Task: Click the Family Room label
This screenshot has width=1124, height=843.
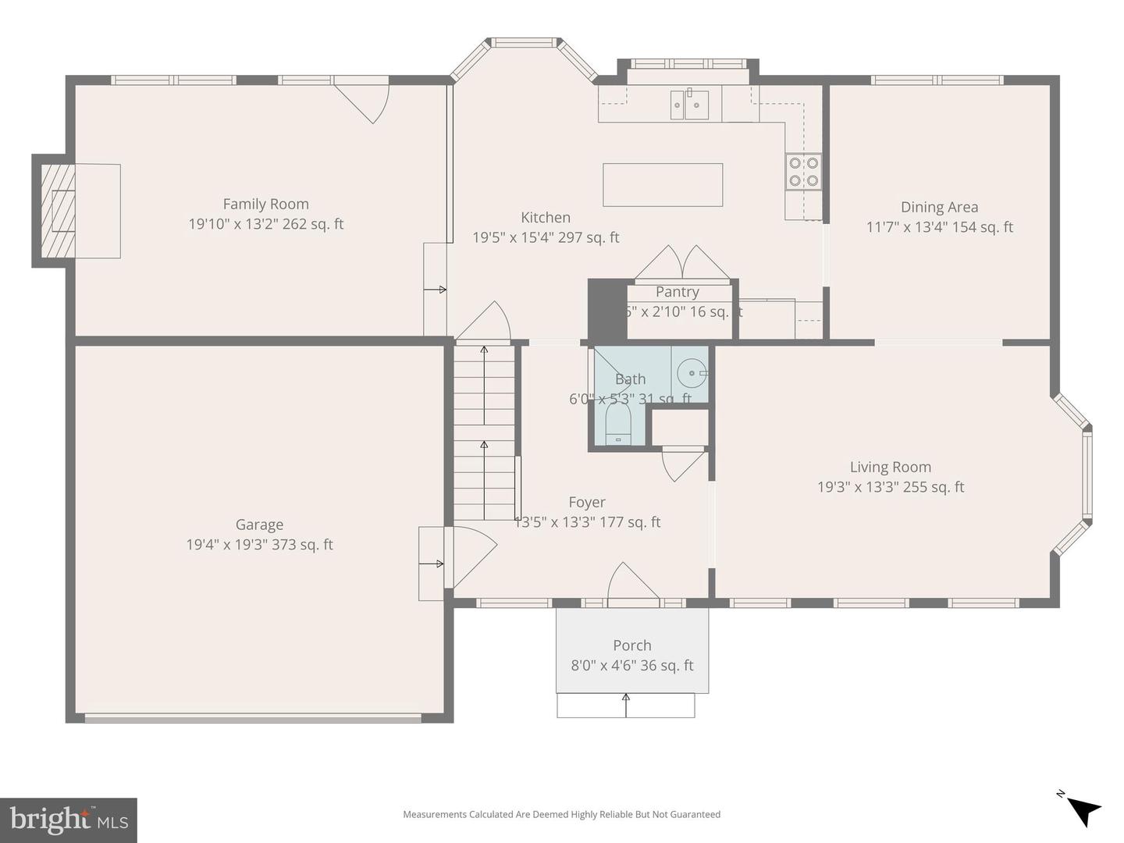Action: [265, 204]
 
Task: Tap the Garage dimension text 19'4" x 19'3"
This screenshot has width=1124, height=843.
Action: [259, 545]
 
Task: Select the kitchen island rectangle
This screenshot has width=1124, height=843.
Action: [663, 184]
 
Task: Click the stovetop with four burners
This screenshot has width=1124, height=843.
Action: [803, 171]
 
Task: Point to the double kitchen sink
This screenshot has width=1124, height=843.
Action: [689, 105]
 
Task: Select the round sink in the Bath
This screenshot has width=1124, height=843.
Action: [691, 373]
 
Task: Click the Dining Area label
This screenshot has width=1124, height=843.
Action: [939, 207]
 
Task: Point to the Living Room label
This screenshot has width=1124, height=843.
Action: [890, 467]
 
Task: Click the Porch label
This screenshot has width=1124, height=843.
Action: [631, 646]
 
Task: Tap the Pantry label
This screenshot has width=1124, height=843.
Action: [677, 292]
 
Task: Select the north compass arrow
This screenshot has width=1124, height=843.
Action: [1082, 809]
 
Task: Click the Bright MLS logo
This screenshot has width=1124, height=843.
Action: [69, 820]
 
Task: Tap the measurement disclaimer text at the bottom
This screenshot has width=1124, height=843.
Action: [561, 814]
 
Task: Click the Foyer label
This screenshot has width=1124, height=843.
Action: [586, 503]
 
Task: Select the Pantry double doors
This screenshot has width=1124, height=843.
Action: [681, 264]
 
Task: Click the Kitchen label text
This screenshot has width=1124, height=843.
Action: [546, 218]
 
